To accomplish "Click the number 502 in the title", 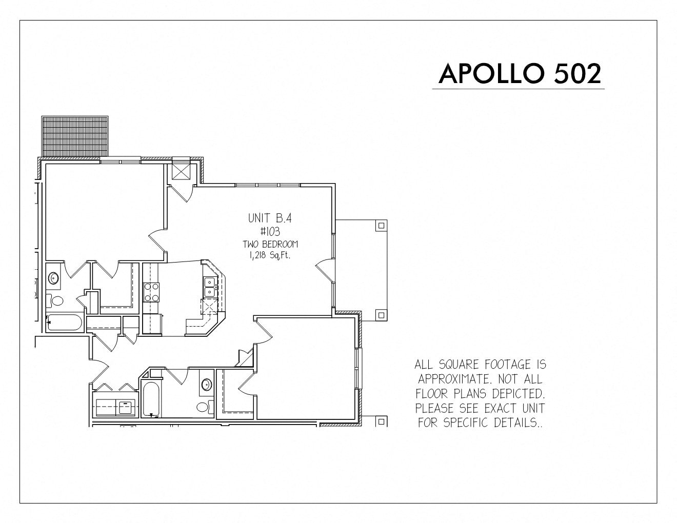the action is pyautogui.click(x=578, y=74).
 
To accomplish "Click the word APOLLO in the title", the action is pyautogui.click(x=492, y=74).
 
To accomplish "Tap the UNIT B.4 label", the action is pyautogui.click(x=270, y=218).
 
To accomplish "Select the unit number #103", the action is pyautogui.click(x=270, y=231).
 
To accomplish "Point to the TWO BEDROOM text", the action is pyautogui.click(x=270, y=244).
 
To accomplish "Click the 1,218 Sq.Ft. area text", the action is pyautogui.click(x=270, y=256).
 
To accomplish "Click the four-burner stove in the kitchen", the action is pyautogui.click(x=151, y=292).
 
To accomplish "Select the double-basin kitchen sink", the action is pyautogui.click(x=210, y=287).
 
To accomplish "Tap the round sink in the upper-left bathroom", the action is pyautogui.click(x=54, y=277).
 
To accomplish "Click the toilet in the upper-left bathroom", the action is pyautogui.click(x=54, y=300).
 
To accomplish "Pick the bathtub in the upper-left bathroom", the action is pyautogui.click(x=64, y=323).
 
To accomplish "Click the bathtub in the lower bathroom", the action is pyautogui.click(x=151, y=399).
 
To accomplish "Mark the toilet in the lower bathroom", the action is pyautogui.click(x=205, y=407).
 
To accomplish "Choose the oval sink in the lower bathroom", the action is pyautogui.click(x=207, y=385).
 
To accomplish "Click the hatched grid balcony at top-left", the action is pyautogui.click(x=75, y=136).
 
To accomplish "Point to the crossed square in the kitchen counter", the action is pyautogui.click(x=209, y=306).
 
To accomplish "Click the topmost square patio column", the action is pyautogui.click(x=382, y=225).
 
